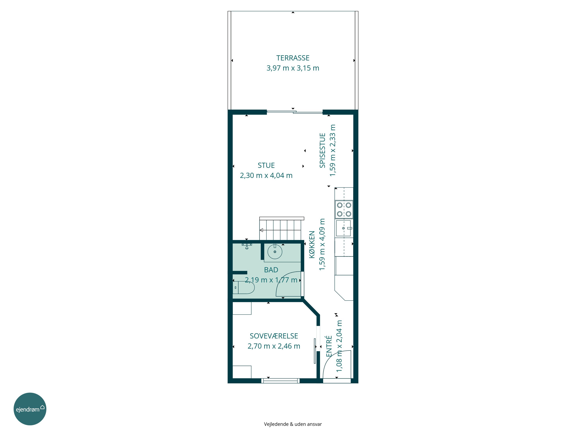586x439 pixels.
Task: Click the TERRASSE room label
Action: click(293, 58)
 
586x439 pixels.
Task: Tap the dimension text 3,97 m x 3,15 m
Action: click(293, 68)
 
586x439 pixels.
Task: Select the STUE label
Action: click(266, 165)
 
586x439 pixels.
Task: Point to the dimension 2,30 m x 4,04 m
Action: click(266, 175)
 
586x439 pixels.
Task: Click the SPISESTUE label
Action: click(322, 150)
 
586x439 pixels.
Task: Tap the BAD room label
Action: click(271, 270)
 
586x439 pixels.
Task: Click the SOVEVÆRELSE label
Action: click(274, 336)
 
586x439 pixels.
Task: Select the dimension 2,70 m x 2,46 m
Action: click(274, 346)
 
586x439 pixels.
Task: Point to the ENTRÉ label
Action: click(329, 346)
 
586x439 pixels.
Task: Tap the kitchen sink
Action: click(344, 228)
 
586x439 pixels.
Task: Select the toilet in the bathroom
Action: click(243, 288)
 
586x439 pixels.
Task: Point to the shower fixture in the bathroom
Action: click(247, 246)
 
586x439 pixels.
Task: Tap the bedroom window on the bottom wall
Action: click(280, 381)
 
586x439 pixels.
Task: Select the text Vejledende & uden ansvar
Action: click(293, 424)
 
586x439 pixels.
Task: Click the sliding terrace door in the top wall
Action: click(295, 112)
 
